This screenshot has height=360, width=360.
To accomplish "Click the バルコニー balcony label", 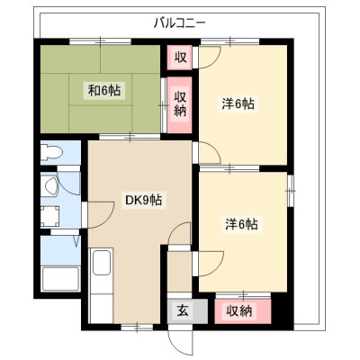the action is pos(179,23).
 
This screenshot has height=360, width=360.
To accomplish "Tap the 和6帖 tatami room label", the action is pos(104,90).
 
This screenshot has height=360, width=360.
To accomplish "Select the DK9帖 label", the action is pos(143,200).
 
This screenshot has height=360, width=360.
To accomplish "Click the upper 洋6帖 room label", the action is pos(238,103).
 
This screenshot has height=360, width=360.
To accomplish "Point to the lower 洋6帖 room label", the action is pos(241,223).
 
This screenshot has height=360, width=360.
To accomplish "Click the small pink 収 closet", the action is pos(179,58).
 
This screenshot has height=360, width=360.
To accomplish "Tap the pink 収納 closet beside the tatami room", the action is pos(179,104).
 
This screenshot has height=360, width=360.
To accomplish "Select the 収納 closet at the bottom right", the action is pos(243,311).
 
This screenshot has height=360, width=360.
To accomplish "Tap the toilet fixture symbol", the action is pos(51,152).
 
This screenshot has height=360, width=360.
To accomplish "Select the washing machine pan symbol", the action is pos(49,216).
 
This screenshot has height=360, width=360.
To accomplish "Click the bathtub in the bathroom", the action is pos(61,279).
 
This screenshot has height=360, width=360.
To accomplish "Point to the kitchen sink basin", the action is pos(102,263).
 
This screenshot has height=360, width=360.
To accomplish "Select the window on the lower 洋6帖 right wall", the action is pos(291,190).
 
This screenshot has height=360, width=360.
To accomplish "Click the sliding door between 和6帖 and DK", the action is pos(130,138).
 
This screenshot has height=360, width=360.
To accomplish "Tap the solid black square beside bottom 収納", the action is pos(279,311).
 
